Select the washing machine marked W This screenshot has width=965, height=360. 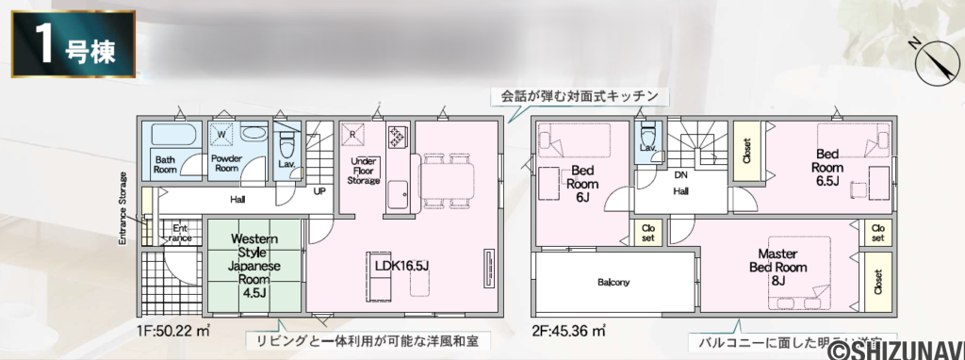(222, 135)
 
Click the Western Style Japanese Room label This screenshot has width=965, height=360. (254, 265)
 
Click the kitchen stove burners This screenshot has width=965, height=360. (395, 138)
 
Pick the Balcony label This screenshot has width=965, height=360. (613, 282)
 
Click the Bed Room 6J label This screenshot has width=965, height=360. (581, 185)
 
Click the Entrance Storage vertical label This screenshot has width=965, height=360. (123, 208)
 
